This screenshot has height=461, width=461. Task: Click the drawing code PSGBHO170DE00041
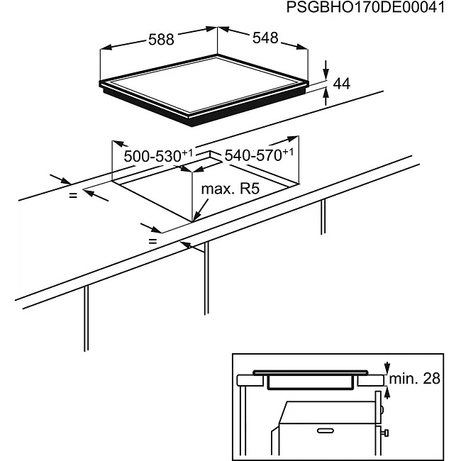click(365, 7)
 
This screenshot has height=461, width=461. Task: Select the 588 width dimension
click(161, 40)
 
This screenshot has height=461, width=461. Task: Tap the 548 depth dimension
click(265, 38)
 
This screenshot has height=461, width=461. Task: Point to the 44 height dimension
click(342, 84)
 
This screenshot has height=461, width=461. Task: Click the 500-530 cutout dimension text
click(158, 156)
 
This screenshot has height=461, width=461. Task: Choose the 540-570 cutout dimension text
click(259, 155)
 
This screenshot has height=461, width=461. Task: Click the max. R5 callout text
click(230, 189)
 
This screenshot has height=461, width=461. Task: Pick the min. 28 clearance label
click(415, 379)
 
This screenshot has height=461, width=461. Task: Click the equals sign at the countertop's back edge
click(73, 194)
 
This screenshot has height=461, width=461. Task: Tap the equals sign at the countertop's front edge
click(152, 241)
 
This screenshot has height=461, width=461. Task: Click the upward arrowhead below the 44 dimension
click(326, 94)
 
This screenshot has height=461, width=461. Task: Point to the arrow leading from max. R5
click(201, 210)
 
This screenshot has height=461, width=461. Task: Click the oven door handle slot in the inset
click(326, 431)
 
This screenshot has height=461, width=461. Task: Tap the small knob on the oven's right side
click(384, 433)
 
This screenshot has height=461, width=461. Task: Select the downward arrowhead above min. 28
click(387, 368)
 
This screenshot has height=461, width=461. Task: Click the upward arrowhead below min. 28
click(387, 392)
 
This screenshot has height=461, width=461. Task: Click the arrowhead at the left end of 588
click(106, 48)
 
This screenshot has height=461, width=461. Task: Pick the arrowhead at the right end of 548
click(302, 47)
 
